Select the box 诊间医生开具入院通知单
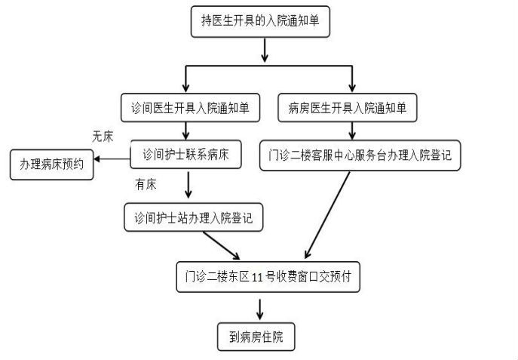pyautogui.click(x=191, y=106)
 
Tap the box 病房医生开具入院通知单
pyautogui.click(x=348, y=106)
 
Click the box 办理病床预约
pyautogui.click(x=52, y=165)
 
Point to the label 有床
pyautogui.click(x=146, y=183)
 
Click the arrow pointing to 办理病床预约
pyautogui.click(x=113, y=160)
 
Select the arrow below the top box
pyautogui.click(x=265, y=50)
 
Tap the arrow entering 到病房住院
pyautogui.click(x=261, y=308)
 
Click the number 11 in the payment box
pyautogui.click(x=257, y=277)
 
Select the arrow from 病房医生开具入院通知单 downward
pyautogui.click(x=351, y=130)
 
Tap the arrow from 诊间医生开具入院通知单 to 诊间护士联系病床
pyautogui.click(x=185, y=130)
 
